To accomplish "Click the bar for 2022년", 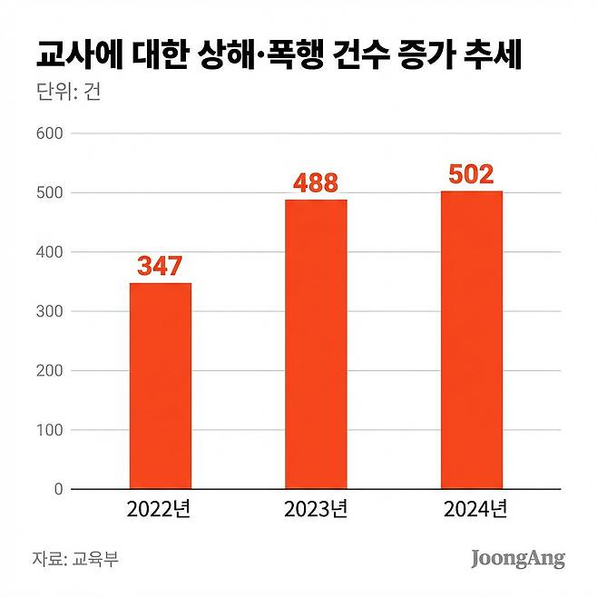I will [x=161, y=387].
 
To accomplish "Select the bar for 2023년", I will [x=316, y=345].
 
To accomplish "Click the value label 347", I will [x=161, y=267].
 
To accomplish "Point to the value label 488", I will [x=316, y=183].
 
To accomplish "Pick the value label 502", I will [x=471, y=174].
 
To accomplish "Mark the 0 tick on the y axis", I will [x=56, y=490].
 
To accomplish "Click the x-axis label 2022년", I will [x=161, y=511].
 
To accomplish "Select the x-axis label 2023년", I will [x=316, y=511].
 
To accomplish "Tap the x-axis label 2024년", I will [x=472, y=511].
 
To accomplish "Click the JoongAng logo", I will [x=517, y=558].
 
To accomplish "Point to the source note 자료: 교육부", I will [x=75, y=558].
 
